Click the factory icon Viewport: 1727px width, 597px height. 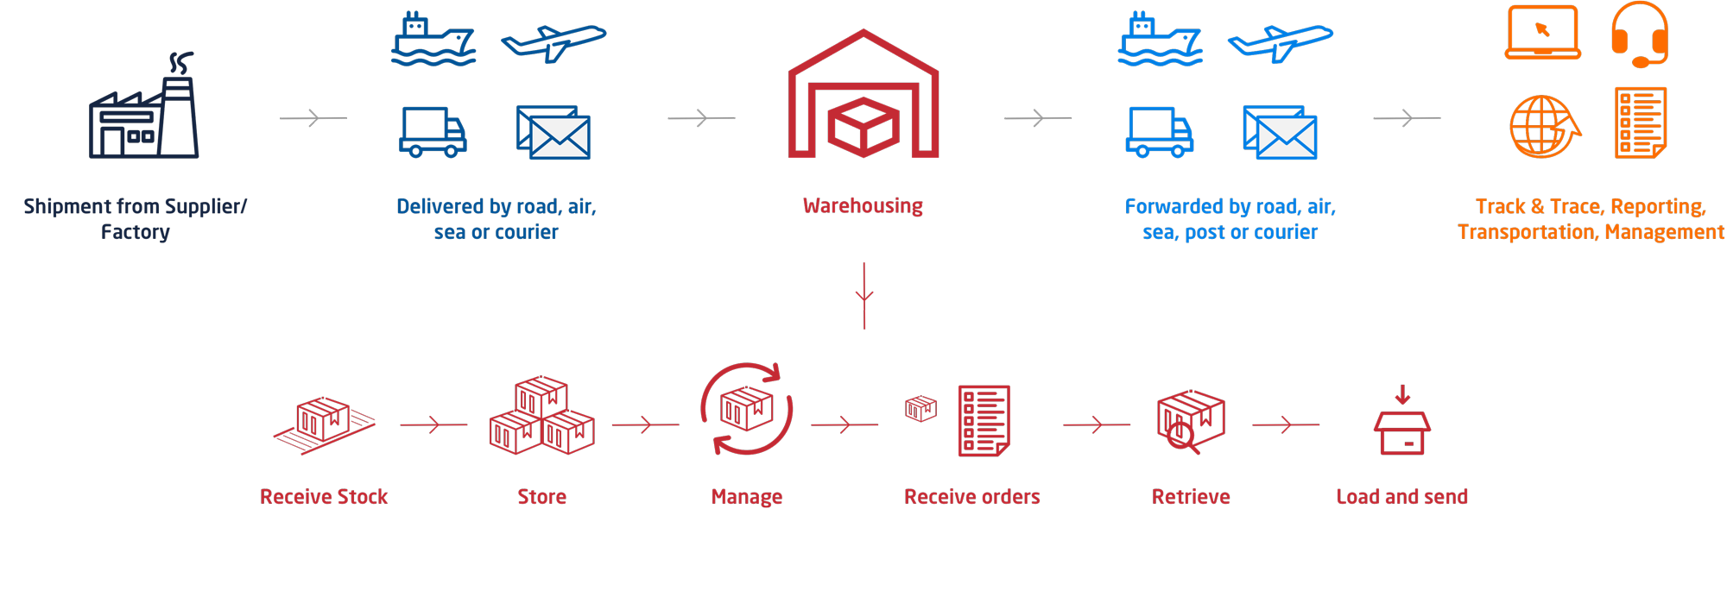click(144, 108)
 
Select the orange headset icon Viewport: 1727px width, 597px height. click(1639, 35)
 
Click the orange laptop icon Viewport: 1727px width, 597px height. click(1543, 33)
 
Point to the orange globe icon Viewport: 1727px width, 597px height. click(1544, 127)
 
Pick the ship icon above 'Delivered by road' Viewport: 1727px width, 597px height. click(433, 40)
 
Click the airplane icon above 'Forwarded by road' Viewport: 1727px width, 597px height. click(1280, 42)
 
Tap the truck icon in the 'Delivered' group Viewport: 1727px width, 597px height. click(433, 132)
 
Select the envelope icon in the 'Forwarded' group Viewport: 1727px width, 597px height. click(1281, 132)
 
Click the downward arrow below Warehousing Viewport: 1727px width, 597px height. click(864, 296)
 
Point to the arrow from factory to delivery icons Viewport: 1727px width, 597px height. click(313, 117)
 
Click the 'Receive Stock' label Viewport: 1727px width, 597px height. click(324, 497)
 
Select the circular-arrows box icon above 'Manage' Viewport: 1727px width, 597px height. click(747, 409)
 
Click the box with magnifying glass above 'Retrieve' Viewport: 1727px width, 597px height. click(1190, 421)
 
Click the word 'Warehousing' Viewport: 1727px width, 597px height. click(863, 206)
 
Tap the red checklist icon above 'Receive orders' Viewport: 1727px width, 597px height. click(984, 420)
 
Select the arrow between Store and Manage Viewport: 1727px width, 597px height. click(645, 424)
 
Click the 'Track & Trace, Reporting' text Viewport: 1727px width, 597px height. click(1591, 207)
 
